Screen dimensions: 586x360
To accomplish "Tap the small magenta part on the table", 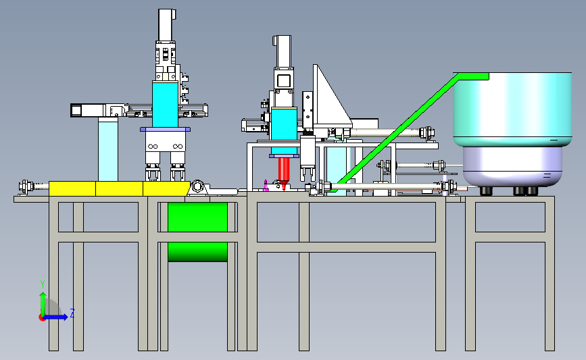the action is [x=266, y=186].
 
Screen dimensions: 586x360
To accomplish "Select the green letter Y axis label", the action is [x=43, y=285].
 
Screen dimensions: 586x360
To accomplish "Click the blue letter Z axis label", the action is [x=72, y=313].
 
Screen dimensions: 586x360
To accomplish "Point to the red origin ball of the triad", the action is [x=42, y=318].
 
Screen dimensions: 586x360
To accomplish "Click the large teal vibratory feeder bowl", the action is [x=512, y=109].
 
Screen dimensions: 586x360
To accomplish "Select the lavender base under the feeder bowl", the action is [x=512, y=167].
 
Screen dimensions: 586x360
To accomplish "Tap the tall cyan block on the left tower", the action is [x=165, y=104].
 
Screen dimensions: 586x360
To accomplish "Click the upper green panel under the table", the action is [x=197, y=217].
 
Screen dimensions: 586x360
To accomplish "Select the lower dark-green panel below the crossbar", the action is [x=197, y=252].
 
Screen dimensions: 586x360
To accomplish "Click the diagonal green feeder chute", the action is [x=408, y=131].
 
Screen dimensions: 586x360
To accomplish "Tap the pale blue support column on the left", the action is [x=108, y=149].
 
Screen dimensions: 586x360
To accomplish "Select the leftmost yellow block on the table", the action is [x=72, y=188].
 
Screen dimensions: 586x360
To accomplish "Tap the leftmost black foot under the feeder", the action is [x=485, y=191].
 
